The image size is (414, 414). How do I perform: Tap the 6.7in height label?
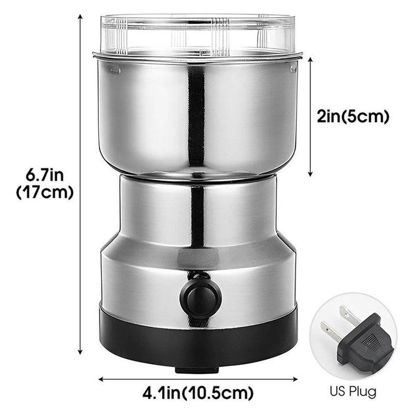click(x=45, y=175)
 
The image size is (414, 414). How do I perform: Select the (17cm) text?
click(x=45, y=193)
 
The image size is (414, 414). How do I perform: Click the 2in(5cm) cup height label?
click(x=353, y=116)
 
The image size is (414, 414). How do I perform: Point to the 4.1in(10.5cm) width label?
click(x=198, y=394)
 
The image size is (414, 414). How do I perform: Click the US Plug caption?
click(x=353, y=391)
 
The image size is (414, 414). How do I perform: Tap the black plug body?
click(x=367, y=343)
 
